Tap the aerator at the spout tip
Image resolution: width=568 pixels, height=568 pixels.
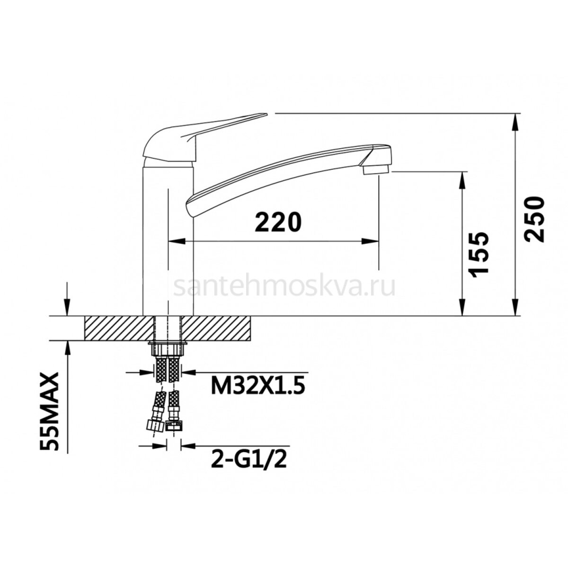pyautogui.click(x=376, y=170)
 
